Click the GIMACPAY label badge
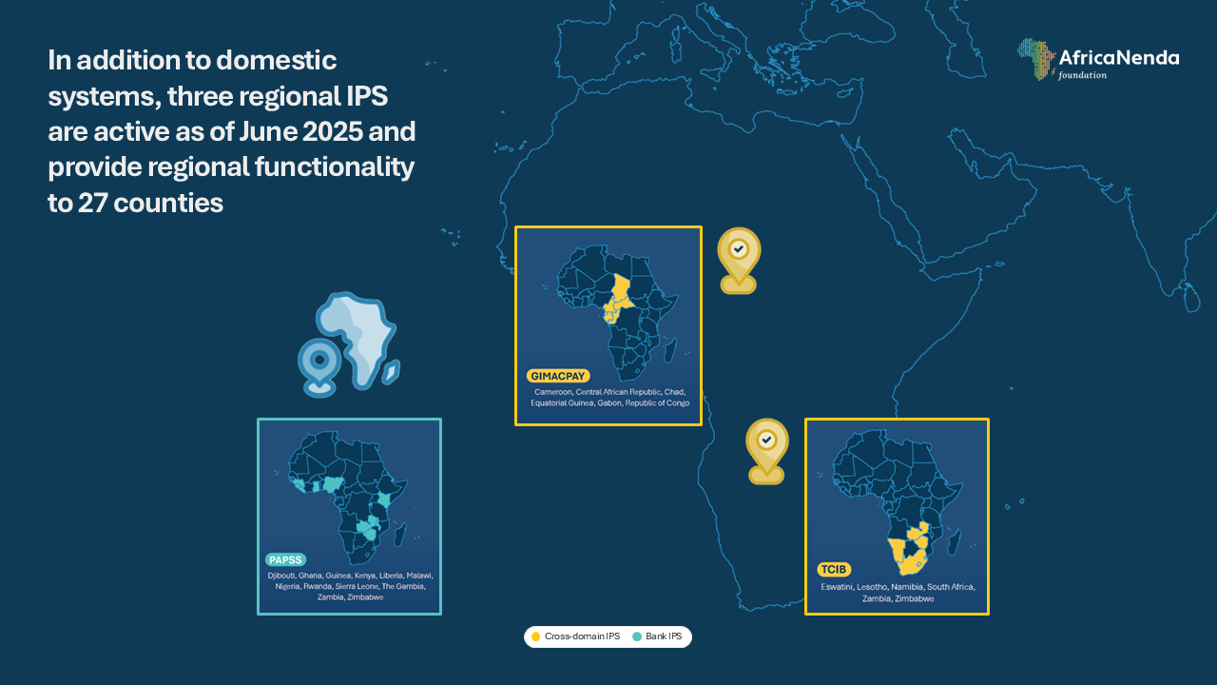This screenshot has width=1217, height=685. (x=558, y=376)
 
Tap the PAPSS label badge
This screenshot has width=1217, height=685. (x=286, y=560)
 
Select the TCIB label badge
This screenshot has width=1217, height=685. (x=834, y=569)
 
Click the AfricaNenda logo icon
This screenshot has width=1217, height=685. (x=1036, y=59)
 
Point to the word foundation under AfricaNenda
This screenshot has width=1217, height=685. (x=1082, y=75)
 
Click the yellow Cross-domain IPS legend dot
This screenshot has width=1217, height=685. (x=535, y=636)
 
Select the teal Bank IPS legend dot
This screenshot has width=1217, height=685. (x=637, y=636)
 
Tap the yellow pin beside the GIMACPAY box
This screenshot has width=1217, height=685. (x=739, y=260)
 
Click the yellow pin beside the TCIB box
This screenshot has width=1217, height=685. (x=766, y=451)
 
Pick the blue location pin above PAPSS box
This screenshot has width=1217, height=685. (x=319, y=367)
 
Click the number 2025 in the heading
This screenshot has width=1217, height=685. (x=333, y=131)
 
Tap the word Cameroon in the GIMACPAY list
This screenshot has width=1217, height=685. (x=553, y=392)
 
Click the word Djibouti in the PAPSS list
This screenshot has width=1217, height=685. (x=281, y=576)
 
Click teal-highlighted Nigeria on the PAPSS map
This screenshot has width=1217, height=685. (x=331, y=484)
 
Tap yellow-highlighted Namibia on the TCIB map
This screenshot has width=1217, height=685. (x=897, y=553)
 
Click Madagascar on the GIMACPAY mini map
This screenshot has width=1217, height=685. (x=670, y=350)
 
